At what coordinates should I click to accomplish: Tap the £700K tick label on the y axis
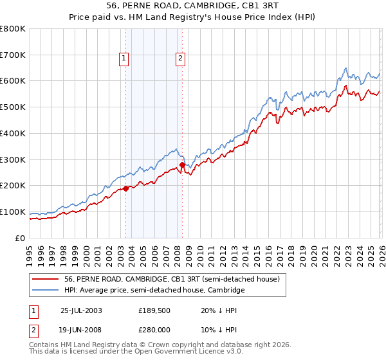(13, 55)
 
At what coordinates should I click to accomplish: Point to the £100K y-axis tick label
(13, 212)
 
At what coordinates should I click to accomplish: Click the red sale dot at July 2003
(126, 188)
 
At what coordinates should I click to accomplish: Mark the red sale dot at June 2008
(182, 165)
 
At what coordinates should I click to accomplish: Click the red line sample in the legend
(46, 280)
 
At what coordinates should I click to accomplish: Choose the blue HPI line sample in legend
(46, 291)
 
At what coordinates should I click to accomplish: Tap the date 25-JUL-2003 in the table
(81, 310)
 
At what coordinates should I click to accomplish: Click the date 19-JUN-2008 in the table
(81, 328)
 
